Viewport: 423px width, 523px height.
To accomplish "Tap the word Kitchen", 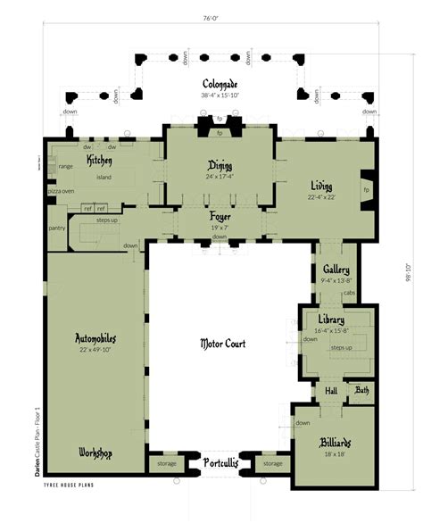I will pos(99,159).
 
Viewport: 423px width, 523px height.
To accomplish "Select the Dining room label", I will pos(220,166).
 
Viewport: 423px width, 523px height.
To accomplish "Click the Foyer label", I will pos(220,217).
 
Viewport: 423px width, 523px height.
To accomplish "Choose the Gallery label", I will pos(336,270).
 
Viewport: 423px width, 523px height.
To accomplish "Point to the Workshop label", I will pos(95,452).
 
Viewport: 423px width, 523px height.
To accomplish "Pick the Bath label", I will pos(361,390).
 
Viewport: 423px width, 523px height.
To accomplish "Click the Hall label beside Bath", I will pos(331,390).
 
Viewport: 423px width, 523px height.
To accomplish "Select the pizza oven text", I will pos(61,191).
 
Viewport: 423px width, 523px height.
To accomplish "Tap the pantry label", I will pos(59,228).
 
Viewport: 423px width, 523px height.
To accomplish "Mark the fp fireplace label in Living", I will pos(366,190).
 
